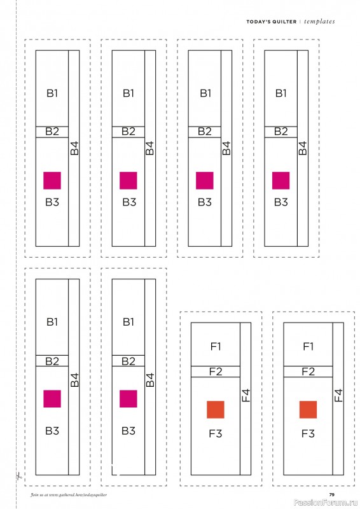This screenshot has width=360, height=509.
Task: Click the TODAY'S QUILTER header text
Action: [272, 22]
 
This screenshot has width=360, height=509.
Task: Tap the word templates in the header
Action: [319, 22]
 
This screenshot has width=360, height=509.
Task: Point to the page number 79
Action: [332, 495]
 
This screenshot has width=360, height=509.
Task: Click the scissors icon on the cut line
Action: [18, 477]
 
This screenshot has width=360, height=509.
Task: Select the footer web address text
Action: [69, 495]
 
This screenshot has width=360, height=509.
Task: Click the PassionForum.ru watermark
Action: [326, 503]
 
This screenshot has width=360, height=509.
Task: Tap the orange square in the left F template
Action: [216, 410]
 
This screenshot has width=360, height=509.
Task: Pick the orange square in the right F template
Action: [308, 410]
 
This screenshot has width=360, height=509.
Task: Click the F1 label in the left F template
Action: [216, 347]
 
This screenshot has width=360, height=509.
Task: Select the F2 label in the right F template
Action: [308, 372]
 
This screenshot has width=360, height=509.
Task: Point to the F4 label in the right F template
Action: [338, 395]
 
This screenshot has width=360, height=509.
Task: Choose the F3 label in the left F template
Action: [216, 433]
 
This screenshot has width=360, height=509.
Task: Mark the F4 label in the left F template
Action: [246, 395]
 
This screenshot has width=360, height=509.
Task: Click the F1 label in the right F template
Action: [308, 347]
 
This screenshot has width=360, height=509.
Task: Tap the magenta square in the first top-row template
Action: [52, 181]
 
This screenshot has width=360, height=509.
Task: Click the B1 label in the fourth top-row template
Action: [280, 94]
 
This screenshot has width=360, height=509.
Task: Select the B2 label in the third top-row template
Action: [205, 132]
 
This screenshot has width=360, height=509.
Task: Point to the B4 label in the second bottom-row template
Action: [150, 380]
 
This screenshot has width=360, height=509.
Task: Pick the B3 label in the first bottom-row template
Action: [52, 431]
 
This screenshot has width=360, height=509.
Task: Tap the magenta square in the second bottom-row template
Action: [128, 399]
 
